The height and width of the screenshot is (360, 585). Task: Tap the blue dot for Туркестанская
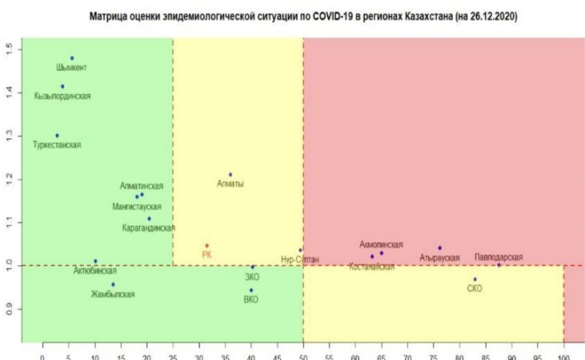pyautogui.click(x=57, y=136)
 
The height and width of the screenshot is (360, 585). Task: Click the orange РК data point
pyautogui.click(x=207, y=245)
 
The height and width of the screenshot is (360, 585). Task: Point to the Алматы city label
pyautogui.click(x=230, y=184)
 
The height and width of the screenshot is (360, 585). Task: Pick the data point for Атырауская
pyautogui.click(x=440, y=248)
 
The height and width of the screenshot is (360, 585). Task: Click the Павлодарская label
pyautogui.click(x=499, y=257)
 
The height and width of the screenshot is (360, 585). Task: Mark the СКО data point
pyautogui.click(x=475, y=279)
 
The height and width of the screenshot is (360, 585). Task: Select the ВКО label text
pyautogui.click(x=251, y=300)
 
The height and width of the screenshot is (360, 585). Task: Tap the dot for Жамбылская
pyautogui.click(x=113, y=284)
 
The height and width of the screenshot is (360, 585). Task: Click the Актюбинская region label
pyautogui.click(x=95, y=271)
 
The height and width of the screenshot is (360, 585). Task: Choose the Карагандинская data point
pyautogui.click(x=149, y=218)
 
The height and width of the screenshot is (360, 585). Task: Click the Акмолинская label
pyautogui.click(x=381, y=244)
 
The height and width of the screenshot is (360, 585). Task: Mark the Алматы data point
pyautogui.click(x=230, y=175)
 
